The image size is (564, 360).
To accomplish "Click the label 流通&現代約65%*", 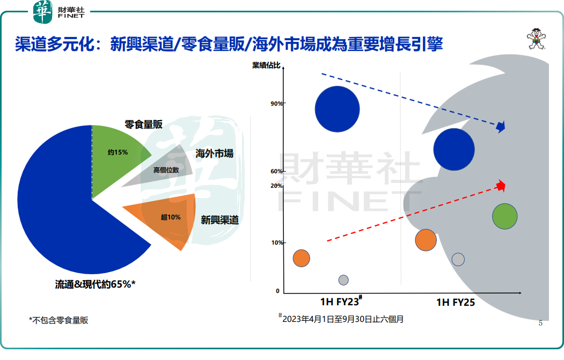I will (x=96, y=284).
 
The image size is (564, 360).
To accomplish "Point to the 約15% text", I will (x=118, y=152).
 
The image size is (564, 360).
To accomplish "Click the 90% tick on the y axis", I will (x=277, y=104).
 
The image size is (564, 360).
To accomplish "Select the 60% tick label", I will (x=277, y=171).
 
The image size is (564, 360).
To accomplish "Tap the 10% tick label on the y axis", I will (x=277, y=243).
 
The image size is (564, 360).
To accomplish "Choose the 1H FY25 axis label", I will (x=455, y=302).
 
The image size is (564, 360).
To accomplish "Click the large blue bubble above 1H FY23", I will (x=337, y=109).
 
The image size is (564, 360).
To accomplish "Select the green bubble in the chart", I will (x=504, y=216).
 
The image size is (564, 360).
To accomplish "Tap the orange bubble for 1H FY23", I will (x=302, y=258).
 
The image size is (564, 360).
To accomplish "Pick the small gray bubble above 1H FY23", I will (x=343, y=280).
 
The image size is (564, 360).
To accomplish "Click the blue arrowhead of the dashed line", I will (x=501, y=127).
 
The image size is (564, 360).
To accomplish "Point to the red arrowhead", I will (x=501, y=186).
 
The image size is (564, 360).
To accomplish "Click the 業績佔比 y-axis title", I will (x=266, y=66).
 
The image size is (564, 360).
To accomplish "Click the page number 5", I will (x=540, y=323).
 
